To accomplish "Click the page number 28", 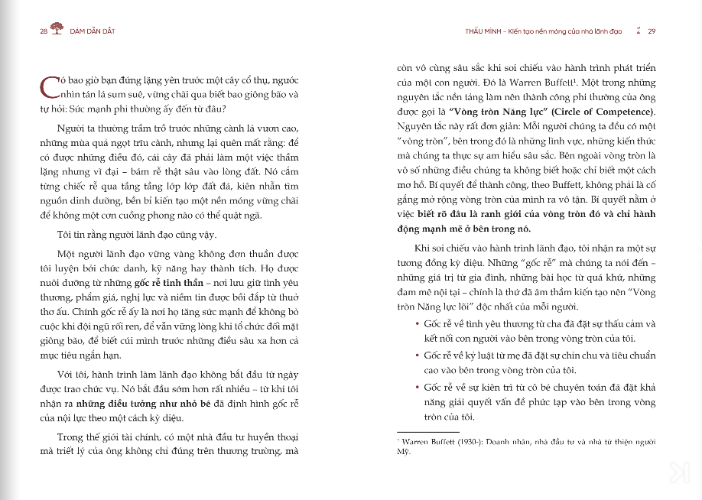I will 44,31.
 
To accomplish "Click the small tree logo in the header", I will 57,31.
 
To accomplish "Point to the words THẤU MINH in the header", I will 483,31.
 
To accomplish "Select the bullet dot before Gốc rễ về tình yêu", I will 415,323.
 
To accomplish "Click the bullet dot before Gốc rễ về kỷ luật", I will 415,356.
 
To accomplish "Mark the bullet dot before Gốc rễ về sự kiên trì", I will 415,388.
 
